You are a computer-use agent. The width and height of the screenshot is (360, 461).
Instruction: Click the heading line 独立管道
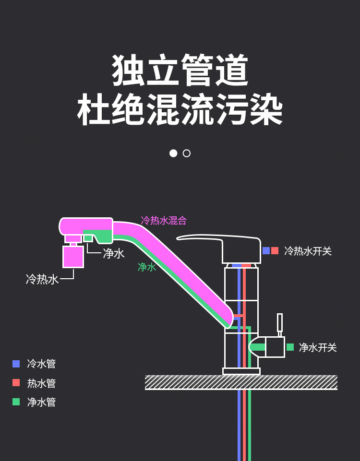click(x=180, y=71)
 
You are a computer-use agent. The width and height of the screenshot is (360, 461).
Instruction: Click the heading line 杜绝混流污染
click(x=180, y=109)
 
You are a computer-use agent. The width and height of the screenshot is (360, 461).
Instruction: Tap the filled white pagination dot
click(x=173, y=153)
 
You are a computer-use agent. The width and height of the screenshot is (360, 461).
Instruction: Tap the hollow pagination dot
click(x=187, y=153)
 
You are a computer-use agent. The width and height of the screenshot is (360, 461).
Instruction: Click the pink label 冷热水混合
click(x=164, y=221)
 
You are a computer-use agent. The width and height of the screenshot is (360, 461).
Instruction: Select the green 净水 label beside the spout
click(x=147, y=267)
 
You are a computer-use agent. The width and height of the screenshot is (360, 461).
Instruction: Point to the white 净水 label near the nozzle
click(x=114, y=253)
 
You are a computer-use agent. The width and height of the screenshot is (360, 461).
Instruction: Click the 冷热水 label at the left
click(x=42, y=279)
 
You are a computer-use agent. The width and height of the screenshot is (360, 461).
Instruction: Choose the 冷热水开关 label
click(x=308, y=251)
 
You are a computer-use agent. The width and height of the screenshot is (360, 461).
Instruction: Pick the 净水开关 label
click(x=318, y=347)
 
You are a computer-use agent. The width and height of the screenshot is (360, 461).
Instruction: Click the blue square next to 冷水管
click(x=16, y=364)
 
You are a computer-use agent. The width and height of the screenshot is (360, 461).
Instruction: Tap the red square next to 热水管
click(x=16, y=383)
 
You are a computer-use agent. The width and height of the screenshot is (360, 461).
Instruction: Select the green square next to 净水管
click(x=16, y=402)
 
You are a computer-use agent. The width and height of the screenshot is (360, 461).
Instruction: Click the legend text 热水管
click(x=41, y=383)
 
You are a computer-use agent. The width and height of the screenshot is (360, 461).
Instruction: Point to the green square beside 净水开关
click(x=290, y=347)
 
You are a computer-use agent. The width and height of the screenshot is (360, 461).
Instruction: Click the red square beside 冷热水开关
click(x=275, y=250)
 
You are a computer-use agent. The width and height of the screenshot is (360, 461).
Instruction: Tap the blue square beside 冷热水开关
click(x=266, y=250)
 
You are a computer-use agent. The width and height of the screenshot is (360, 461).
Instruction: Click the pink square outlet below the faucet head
click(x=73, y=257)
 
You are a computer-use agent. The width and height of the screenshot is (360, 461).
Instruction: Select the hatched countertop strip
click(x=241, y=382)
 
